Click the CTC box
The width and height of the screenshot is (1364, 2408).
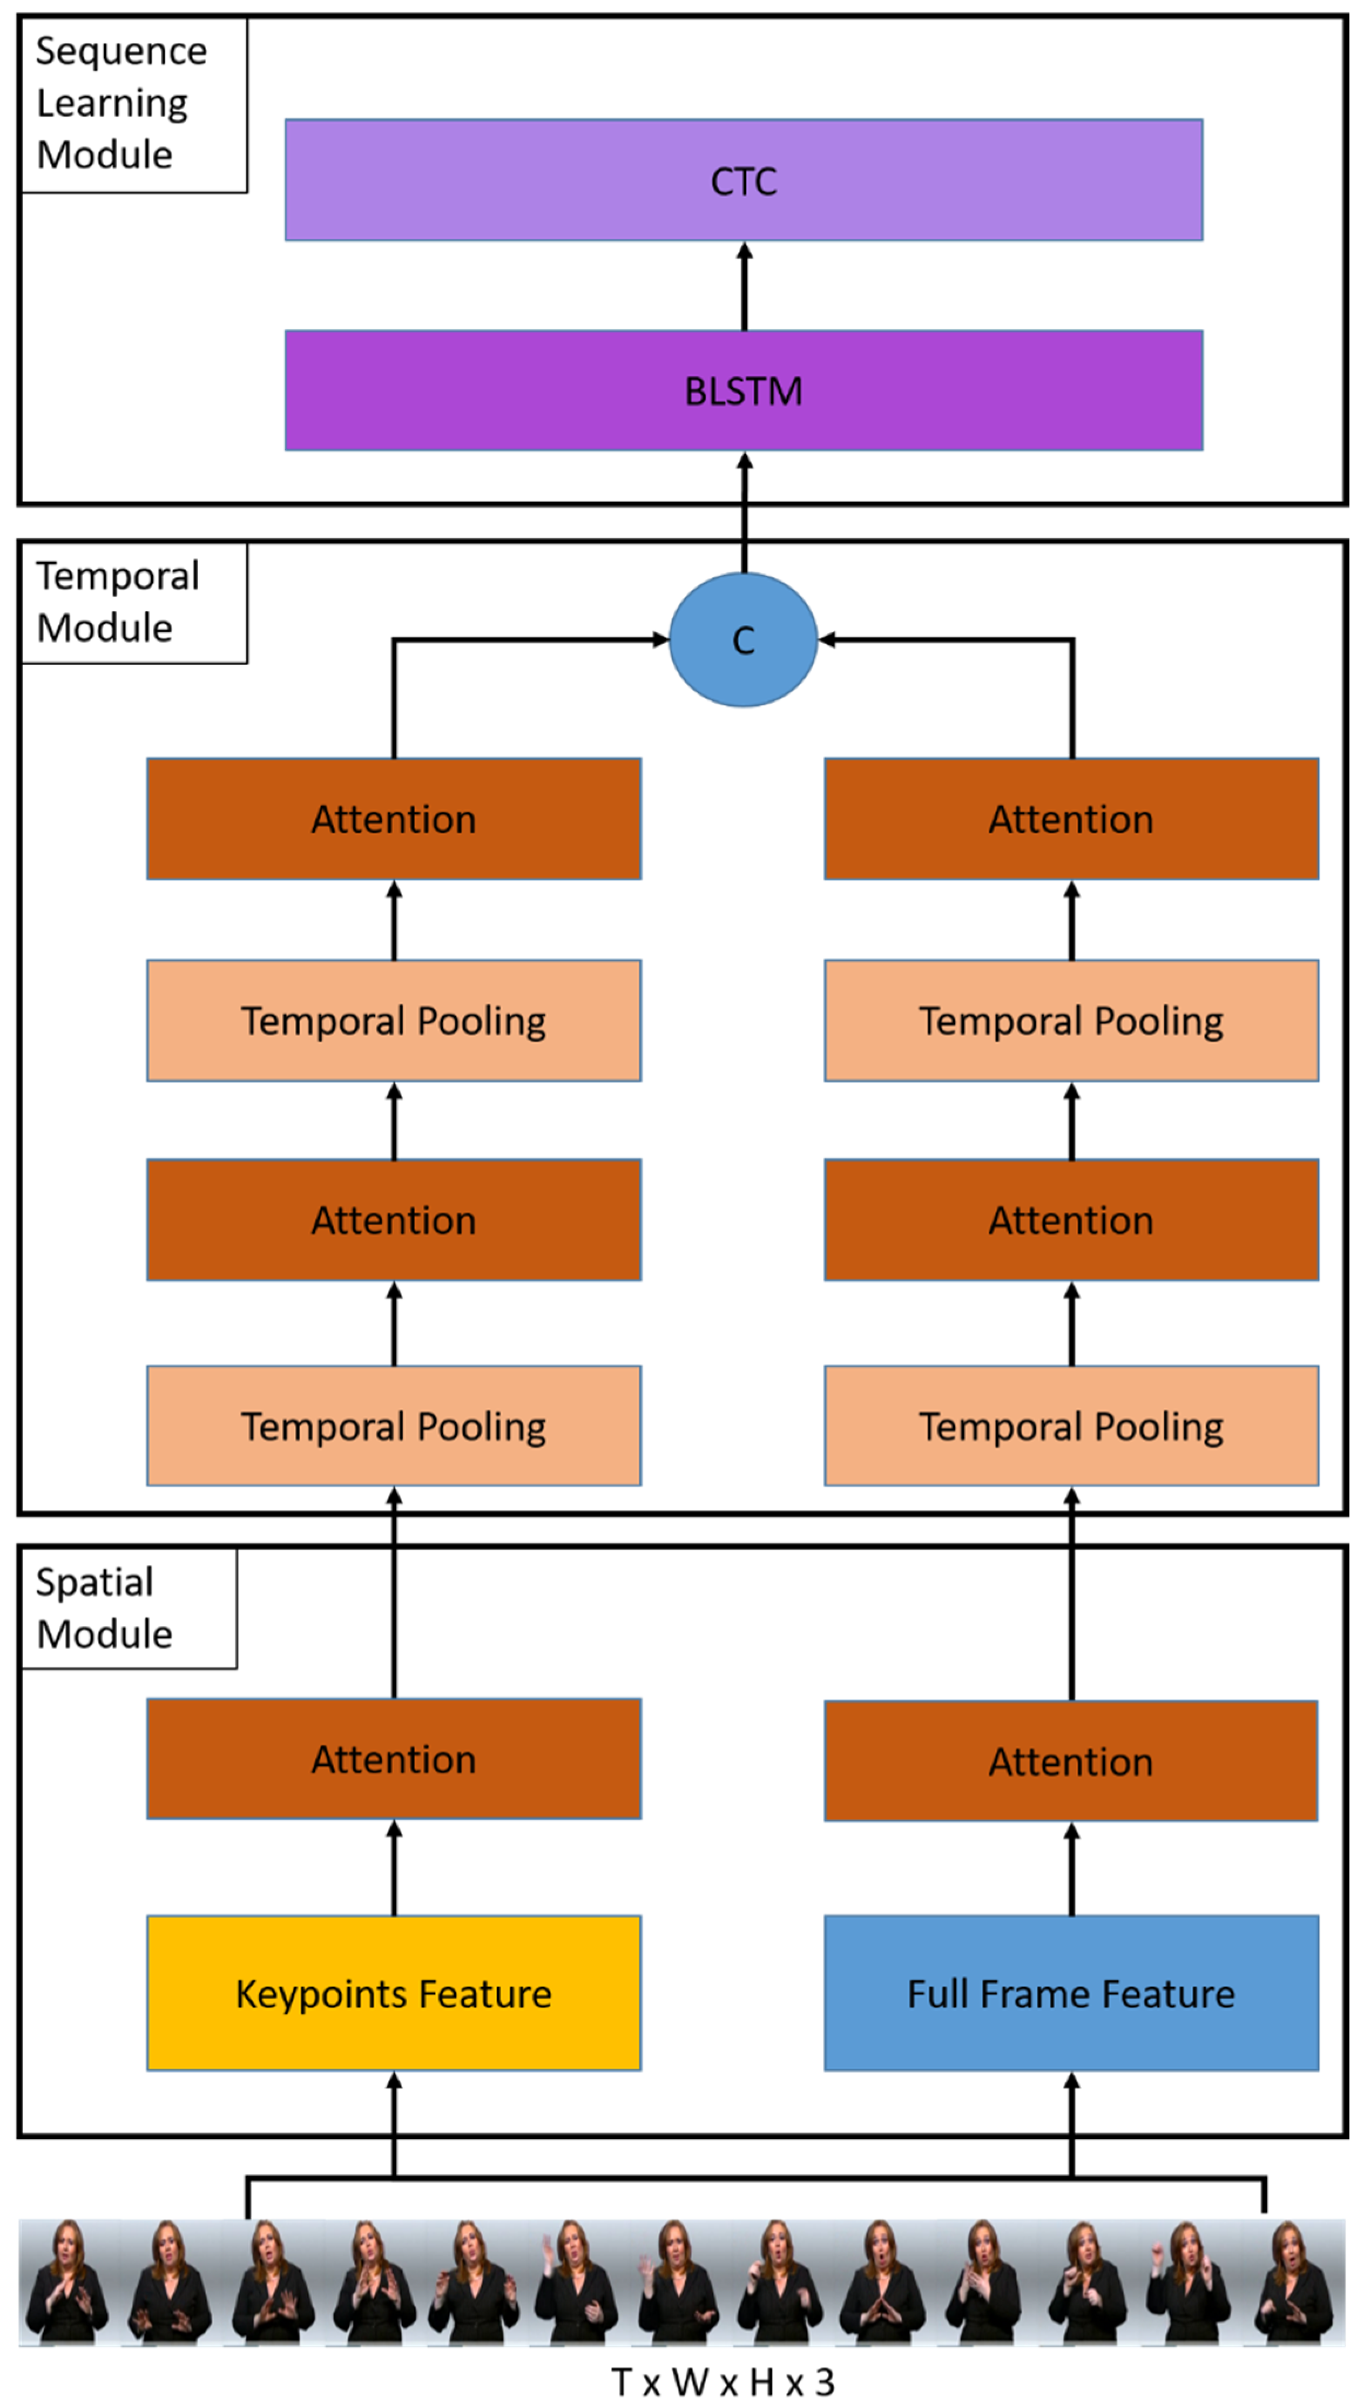[743, 180]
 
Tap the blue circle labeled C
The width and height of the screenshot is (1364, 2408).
[743, 640]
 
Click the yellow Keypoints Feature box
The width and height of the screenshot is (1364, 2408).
[393, 1993]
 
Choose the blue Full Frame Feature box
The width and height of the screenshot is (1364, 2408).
[1071, 1993]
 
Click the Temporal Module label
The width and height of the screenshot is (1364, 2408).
[118, 602]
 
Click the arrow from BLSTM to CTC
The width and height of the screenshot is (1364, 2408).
[745, 286]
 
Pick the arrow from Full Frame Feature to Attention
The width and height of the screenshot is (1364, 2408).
[1072, 1869]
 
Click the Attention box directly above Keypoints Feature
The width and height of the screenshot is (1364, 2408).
[393, 1759]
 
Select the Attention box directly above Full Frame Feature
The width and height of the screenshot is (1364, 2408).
[1071, 1761]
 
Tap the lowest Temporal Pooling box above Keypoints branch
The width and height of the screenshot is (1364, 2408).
[393, 1425]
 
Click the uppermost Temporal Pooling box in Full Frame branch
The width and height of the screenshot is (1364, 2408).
[1071, 1020]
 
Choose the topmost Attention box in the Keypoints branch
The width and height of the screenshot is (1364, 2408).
[393, 819]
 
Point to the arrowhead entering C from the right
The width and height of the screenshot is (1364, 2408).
[826, 640]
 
